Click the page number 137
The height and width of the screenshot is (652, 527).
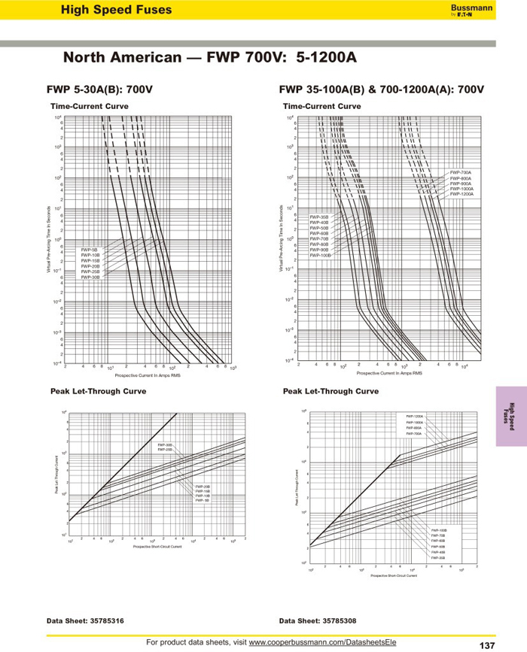(x=486, y=645)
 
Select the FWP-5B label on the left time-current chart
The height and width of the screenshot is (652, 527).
(x=90, y=249)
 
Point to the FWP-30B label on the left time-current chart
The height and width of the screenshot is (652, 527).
(x=90, y=277)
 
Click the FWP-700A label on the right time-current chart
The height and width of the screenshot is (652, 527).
(x=461, y=172)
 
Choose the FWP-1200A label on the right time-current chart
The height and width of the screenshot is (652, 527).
(x=462, y=194)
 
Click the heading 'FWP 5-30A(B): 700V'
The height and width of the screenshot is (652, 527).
(x=100, y=89)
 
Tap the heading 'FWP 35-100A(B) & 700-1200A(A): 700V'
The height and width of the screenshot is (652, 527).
(x=381, y=89)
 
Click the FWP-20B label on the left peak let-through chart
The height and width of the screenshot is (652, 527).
(x=203, y=487)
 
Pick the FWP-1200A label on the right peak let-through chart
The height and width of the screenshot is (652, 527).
(x=415, y=416)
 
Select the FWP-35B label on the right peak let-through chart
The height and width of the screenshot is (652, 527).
(x=438, y=558)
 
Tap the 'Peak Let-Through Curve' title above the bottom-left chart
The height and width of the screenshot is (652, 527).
(x=98, y=391)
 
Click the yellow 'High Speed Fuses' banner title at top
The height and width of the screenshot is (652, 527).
(x=116, y=10)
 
